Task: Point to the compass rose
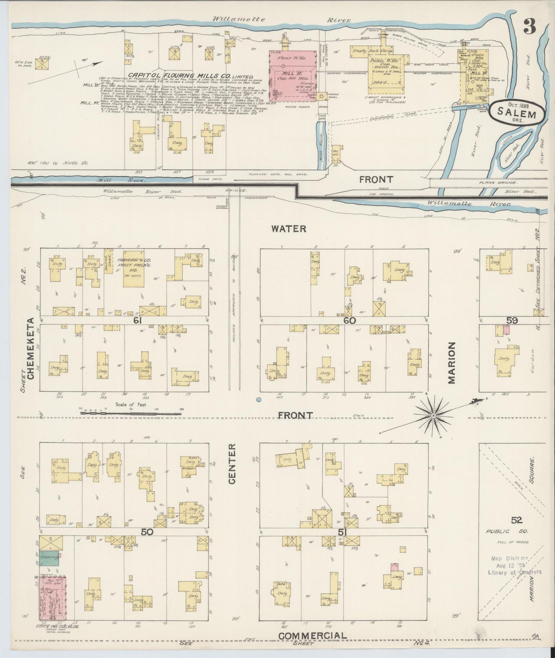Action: click(x=433, y=415)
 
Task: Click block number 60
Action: click(x=350, y=320)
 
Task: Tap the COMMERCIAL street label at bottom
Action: click(x=312, y=636)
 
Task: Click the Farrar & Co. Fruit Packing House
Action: click(x=134, y=269)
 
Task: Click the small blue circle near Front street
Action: click(x=258, y=400)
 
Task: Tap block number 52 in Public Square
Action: click(x=517, y=520)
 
